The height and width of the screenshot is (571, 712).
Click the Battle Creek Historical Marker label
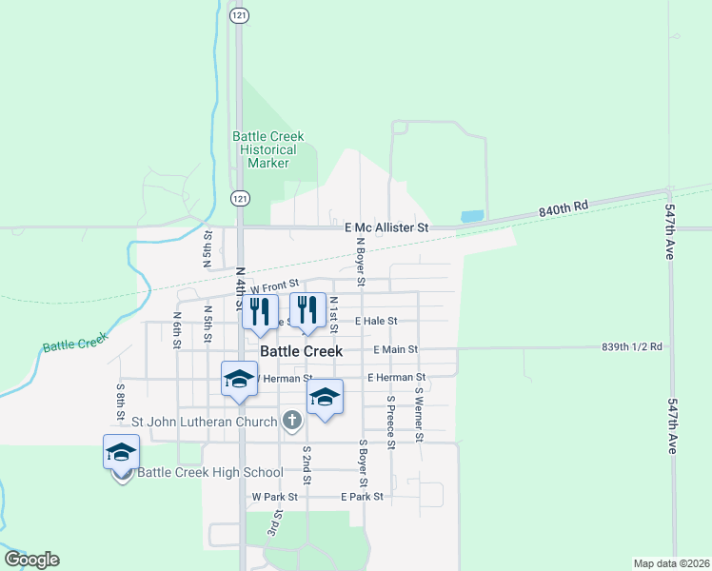pos(268,149)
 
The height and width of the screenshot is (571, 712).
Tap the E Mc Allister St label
pos(387,228)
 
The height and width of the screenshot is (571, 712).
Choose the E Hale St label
pos(375,322)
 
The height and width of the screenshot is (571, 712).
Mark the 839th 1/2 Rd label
pos(631,347)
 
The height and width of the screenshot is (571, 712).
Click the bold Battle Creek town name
pos(301,351)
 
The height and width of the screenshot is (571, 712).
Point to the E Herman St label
pos(397,378)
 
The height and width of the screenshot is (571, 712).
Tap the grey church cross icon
pos(291,420)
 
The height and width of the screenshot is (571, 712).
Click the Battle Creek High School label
pos(210,473)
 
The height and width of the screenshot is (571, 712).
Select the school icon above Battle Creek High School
pos(122,452)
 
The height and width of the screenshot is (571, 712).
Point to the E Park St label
pos(362,497)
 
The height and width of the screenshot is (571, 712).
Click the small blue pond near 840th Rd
pos(472,216)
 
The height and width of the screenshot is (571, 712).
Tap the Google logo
pos(31,560)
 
